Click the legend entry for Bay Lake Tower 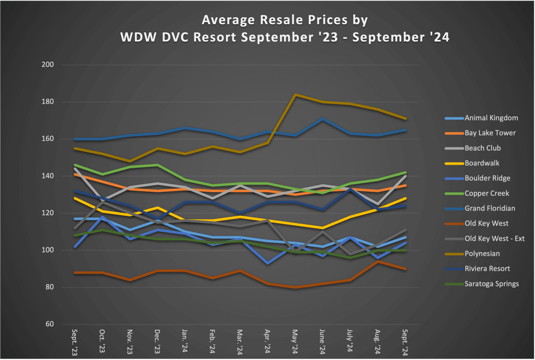(x=490, y=133)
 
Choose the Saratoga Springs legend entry (x=491, y=284)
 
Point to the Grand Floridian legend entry (x=490, y=208)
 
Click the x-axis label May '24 (x=295, y=344)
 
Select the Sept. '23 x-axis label (x=75, y=343)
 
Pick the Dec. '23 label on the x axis (x=158, y=344)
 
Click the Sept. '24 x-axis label (x=405, y=343)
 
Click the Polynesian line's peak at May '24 (x=295, y=95)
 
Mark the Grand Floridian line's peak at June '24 (x=323, y=119)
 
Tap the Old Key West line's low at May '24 (x=295, y=287)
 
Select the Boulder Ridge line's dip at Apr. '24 (x=268, y=263)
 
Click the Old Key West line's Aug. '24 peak (x=378, y=261)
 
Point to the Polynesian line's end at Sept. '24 (x=405, y=119)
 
